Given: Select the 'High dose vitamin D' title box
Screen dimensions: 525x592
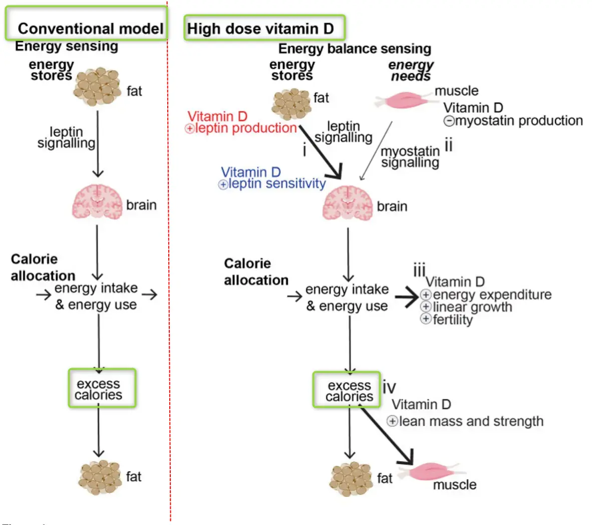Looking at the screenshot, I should coord(264,28).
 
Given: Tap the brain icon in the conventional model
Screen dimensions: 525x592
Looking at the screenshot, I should coord(98,202).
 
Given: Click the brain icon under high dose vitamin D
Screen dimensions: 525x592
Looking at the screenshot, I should coord(348,203).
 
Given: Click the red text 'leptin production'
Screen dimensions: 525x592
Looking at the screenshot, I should coord(246,128).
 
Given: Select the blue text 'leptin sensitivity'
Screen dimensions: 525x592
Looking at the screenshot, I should coord(276,184).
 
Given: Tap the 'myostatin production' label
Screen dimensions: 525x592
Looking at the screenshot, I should coord(518,121).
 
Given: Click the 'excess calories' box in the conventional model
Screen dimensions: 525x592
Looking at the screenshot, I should coord(102,388).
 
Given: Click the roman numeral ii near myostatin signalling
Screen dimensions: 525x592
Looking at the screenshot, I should coord(448,145).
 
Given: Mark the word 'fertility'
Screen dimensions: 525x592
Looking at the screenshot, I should coord(452,320).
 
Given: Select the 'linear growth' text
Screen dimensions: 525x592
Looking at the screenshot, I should coord(472,307).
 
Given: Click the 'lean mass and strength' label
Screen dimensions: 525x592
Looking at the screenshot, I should coord(471,422).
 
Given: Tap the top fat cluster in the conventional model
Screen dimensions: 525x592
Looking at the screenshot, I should coord(98,86).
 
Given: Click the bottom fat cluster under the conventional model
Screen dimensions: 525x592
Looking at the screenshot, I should coord(100,477).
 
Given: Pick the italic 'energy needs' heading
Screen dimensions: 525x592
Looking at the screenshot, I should coord(411,70).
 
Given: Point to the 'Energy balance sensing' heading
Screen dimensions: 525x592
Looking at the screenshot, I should coord(355,49).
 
